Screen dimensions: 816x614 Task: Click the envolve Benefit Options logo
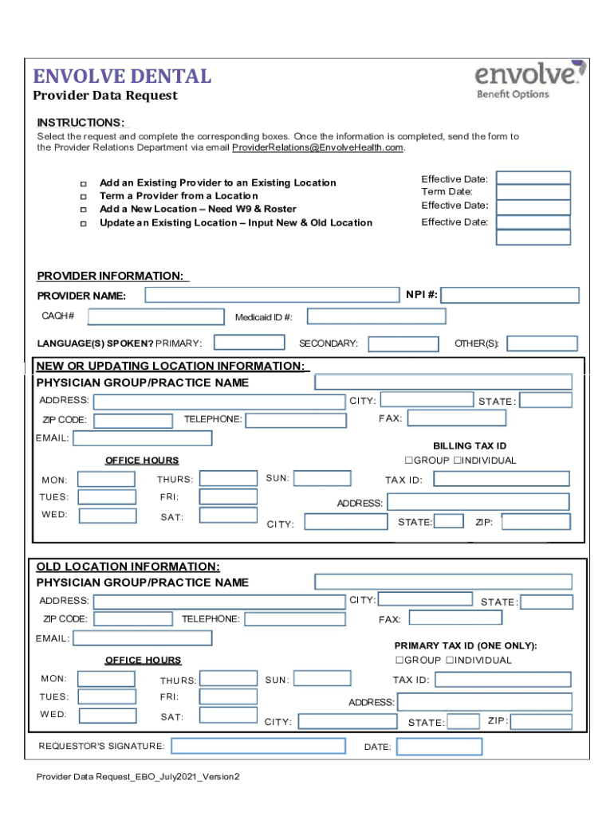pyautogui.click(x=529, y=81)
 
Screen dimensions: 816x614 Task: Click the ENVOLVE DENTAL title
pyautogui.click(x=121, y=76)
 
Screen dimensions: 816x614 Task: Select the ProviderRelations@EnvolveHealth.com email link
pyautogui.click(x=317, y=147)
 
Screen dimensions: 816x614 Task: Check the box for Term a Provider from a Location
pyautogui.click(x=83, y=196)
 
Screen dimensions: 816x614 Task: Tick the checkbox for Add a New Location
pyautogui.click(x=83, y=210)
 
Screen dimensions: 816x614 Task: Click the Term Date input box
pyautogui.click(x=533, y=192)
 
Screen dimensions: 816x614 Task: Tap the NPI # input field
pyautogui.click(x=510, y=295)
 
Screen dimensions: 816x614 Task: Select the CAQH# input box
pyautogui.click(x=155, y=316)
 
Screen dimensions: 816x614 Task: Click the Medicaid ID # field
pyautogui.click(x=376, y=316)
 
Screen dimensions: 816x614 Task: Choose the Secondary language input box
pyautogui.click(x=403, y=343)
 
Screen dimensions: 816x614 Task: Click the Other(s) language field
pyautogui.click(x=542, y=343)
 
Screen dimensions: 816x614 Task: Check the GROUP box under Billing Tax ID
pyautogui.click(x=408, y=461)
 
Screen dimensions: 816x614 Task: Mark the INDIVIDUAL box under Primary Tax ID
pyautogui.click(x=450, y=661)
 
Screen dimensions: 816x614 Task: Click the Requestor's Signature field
pyautogui.click(x=258, y=747)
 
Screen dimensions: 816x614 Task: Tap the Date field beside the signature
pyautogui.click(x=439, y=747)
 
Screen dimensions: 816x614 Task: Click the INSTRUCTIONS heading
pyautogui.click(x=80, y=123)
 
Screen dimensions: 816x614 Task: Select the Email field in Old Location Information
pyautogui.click(x=143, y=638)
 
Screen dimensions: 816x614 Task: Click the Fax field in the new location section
pyautogui.click(x=456, y=418)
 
